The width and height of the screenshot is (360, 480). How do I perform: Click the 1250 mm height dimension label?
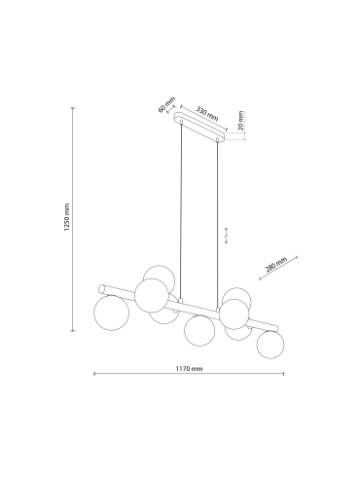[x=67, y=217]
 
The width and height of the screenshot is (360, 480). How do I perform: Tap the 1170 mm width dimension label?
[x=189, y=369]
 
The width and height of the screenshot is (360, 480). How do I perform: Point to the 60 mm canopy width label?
[x=166, y=104]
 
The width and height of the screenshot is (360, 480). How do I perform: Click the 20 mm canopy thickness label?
[x=240, y=121]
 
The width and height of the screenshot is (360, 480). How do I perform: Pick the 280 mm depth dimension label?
[x=276, y=265]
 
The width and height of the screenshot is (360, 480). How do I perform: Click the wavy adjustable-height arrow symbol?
[x=227, y=236]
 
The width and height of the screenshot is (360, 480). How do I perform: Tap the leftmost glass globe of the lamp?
[x=111, y=313]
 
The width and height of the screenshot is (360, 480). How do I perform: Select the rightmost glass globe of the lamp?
[x=270, y=345]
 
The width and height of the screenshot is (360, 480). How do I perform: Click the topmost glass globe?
[x=160, y=275]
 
